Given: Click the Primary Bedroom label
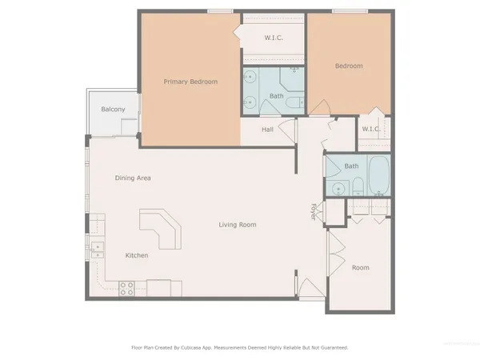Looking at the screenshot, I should click(x=191, y=82).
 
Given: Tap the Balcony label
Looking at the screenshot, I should click(x=112, y=110).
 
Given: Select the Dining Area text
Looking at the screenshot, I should click(x=133, y=178).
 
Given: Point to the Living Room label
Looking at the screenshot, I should click(x=238, y=225).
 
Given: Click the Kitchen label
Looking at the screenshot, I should click(x=137, y=255).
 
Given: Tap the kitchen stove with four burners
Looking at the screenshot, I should click(x=126, y=288).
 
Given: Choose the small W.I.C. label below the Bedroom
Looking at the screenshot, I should click(x=370, y=129).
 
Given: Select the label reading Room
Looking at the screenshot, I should click(x=360, y=267).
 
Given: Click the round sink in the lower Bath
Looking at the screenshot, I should click(x=338, y=189).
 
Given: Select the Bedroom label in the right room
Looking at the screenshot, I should click(x=348, y=66).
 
